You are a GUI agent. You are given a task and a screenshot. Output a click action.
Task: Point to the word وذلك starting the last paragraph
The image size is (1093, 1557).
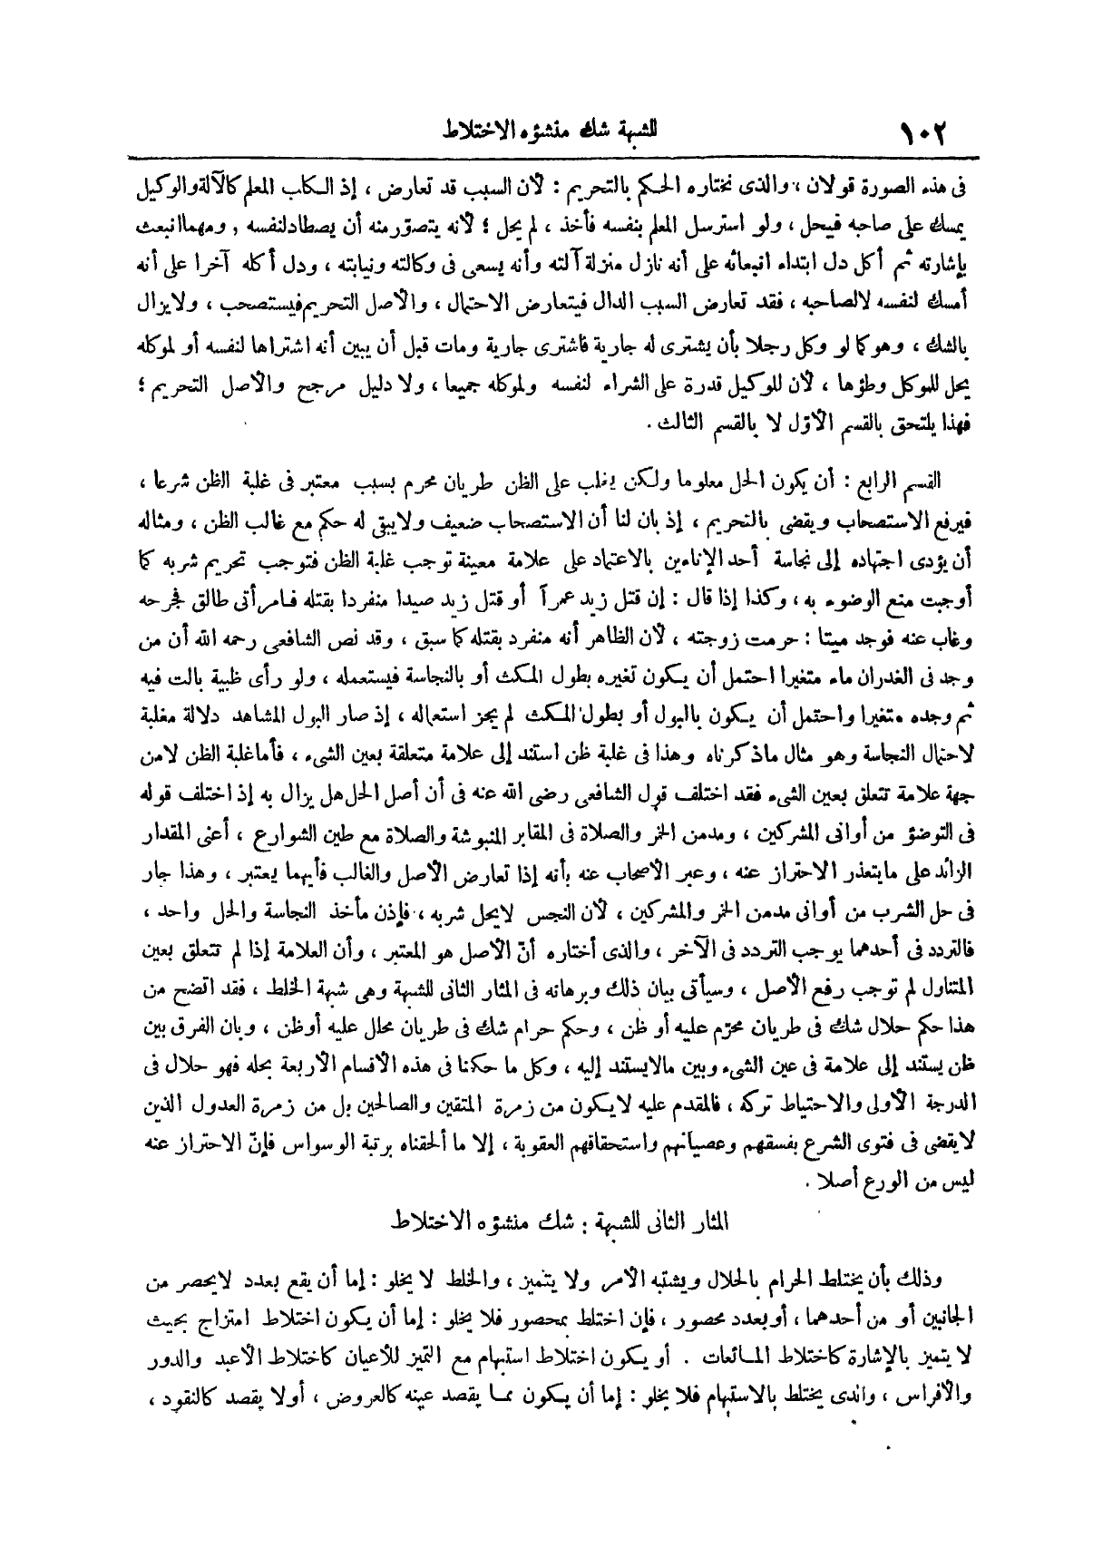click(923, 1283)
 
